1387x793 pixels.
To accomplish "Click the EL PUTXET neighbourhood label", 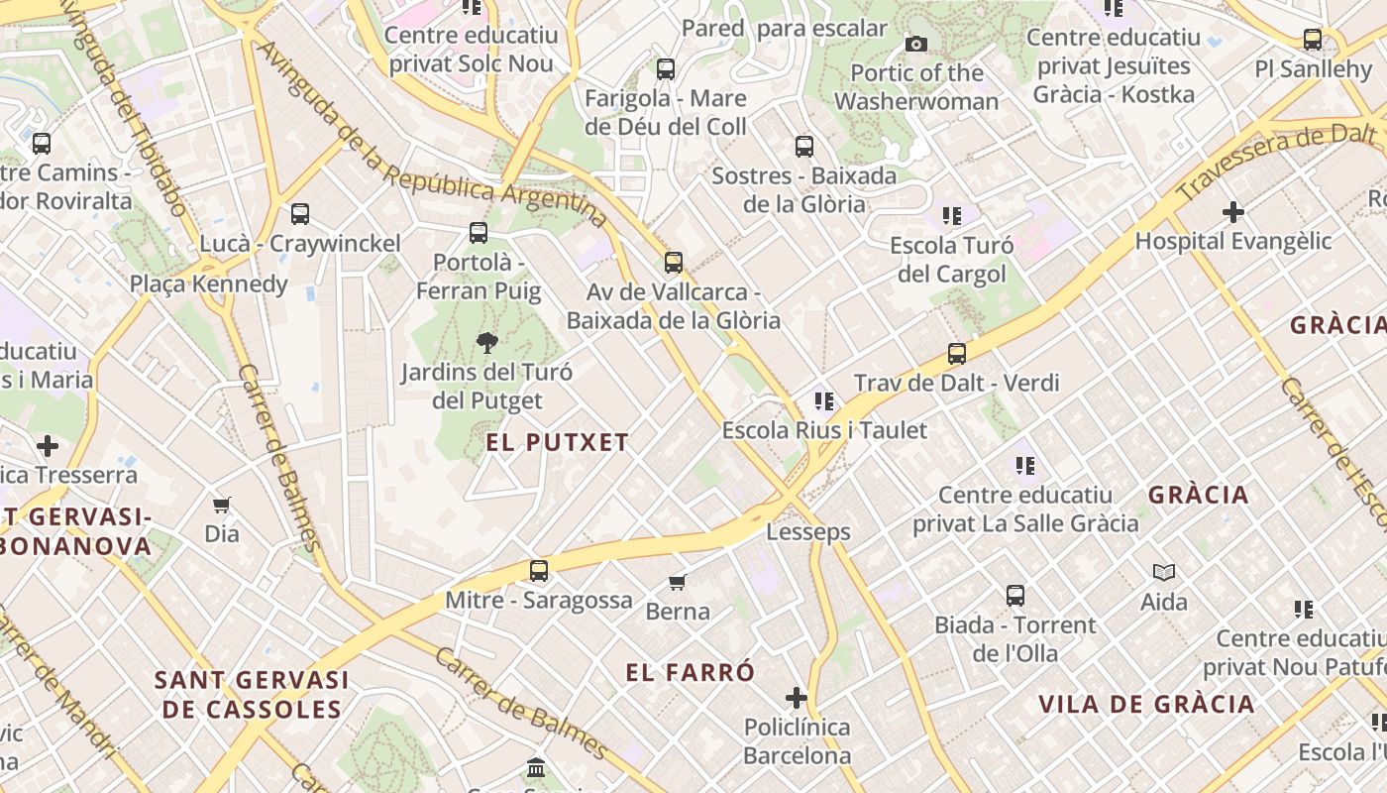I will pos(558,442).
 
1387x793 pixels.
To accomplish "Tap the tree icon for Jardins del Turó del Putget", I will pos(486,343).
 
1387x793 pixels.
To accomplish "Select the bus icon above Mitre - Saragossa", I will pos(539,571).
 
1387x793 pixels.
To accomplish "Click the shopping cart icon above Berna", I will pos(678,582).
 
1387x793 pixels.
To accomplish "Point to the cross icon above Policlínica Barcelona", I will pos(797,698).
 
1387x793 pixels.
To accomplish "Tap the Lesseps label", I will pos(808,532).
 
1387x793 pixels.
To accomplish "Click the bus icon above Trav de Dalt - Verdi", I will pos(957,354).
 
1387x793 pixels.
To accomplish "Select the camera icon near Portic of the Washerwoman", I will pos(916,44).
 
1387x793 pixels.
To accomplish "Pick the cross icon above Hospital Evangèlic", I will pos(1233,212).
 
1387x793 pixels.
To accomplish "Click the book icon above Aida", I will pos(1164,572).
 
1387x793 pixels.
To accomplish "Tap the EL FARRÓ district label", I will pos(691,672).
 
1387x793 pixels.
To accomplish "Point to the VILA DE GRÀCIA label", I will pos(1146,705).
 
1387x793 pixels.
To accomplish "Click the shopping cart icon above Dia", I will pos(222,505).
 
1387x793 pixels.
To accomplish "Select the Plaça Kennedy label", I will pos(209,284).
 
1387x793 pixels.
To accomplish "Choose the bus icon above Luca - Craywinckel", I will pos(300,214).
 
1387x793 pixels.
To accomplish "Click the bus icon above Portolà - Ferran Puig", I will pos(479,233).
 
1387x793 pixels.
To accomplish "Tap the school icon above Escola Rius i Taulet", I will pos(824,401).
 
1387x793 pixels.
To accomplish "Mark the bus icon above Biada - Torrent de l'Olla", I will pos(1015,596).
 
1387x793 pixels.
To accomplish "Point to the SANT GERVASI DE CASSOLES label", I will pos(253,695).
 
